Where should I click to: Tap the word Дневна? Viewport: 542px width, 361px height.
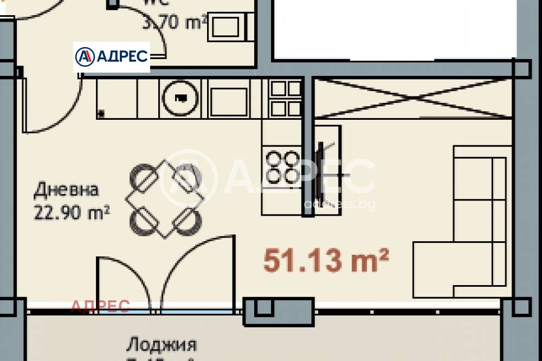coord(66,190)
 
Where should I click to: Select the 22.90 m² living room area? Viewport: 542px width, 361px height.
coord(72,212)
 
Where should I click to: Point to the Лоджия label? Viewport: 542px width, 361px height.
coord(161,344)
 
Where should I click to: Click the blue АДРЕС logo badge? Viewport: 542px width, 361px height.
coord(112,57)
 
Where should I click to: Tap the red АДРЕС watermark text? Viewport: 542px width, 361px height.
coord(100,306)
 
